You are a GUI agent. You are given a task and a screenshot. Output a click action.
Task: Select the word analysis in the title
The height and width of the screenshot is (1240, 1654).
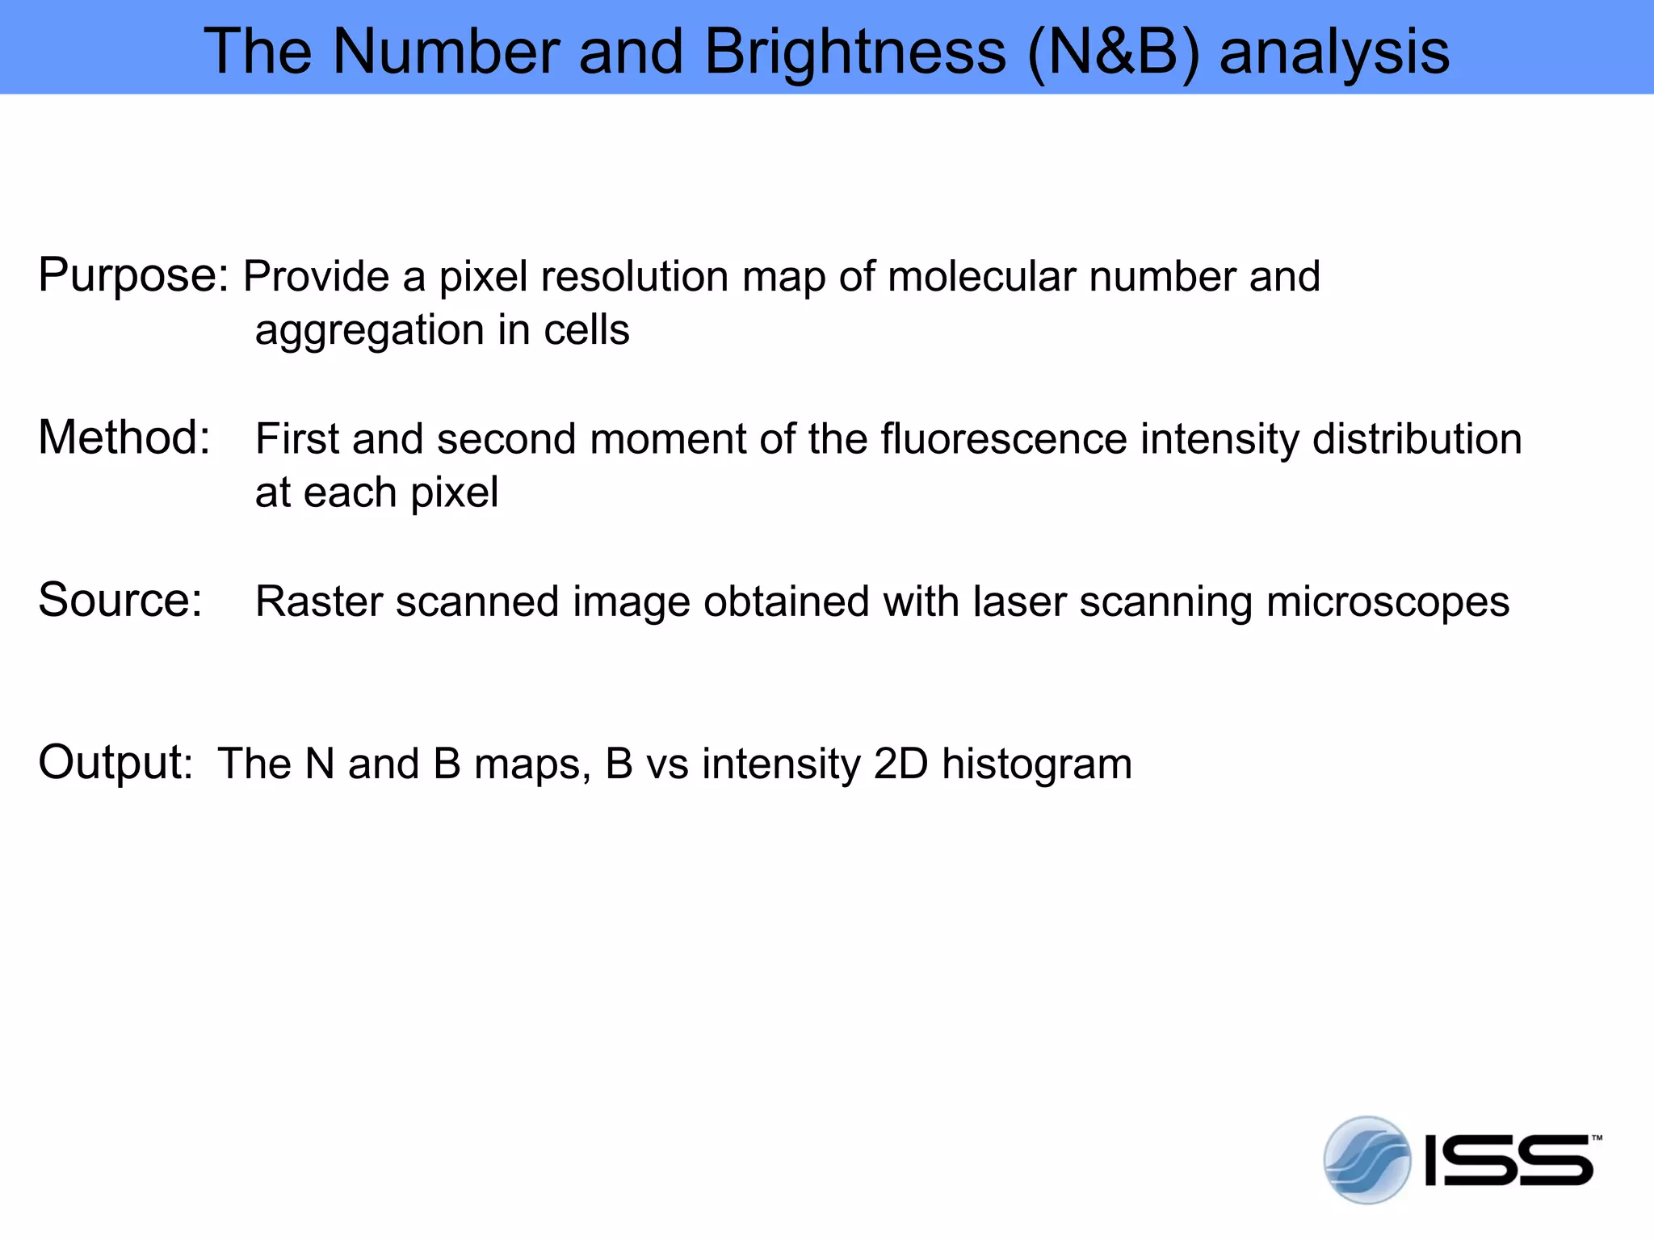(x=1334, y=52)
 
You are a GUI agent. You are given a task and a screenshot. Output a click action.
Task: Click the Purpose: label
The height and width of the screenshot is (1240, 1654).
(x=134, y=276)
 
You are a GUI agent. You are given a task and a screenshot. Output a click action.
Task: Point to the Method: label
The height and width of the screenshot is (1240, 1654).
(x=124, y=438)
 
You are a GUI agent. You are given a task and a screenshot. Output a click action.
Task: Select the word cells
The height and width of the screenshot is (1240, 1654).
(x=586, y=330)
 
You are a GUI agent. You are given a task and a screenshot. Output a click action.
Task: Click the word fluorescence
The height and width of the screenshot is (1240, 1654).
(x=1003, y=439)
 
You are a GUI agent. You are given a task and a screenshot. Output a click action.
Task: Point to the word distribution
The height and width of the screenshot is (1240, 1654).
(x=1417, y=439)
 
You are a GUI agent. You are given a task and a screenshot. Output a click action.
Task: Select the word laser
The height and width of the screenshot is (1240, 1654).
(x=1019, y=601)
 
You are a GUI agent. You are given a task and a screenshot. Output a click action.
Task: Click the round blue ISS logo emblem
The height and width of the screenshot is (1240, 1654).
(x=1366, y=1160)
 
